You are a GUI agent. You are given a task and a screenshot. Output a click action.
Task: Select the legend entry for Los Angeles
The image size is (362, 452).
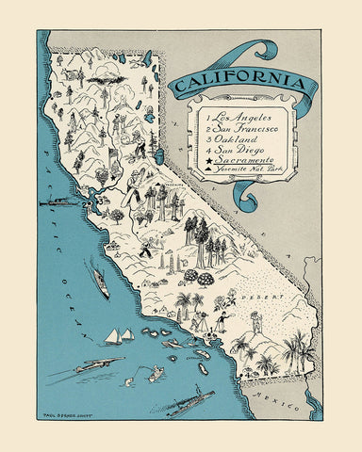(237, 115)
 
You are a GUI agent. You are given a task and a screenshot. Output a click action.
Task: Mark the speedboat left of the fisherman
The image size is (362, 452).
(100, 363)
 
